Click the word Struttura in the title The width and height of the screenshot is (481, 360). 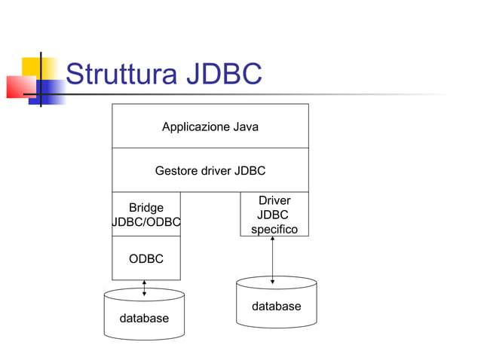tap(121, 75)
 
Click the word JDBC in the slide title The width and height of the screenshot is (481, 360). tap(223, 75)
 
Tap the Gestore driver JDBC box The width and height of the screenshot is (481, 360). tap(210, 171)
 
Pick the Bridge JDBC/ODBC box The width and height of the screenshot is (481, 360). tap(146, 215)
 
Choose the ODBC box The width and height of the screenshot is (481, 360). tap(146, 258)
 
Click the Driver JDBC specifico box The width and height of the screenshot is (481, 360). tap(274, 215)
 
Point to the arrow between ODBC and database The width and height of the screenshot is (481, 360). tap(144, 288)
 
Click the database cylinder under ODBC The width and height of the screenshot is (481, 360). tap(144, 315)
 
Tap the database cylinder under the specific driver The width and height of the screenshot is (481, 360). tap(276, 304)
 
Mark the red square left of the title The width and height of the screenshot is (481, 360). tap(20, 87)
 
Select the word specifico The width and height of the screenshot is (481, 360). tap(274, 229)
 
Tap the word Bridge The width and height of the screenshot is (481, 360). tap(146, 207)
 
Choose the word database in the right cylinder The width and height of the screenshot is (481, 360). tap(276, 307)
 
